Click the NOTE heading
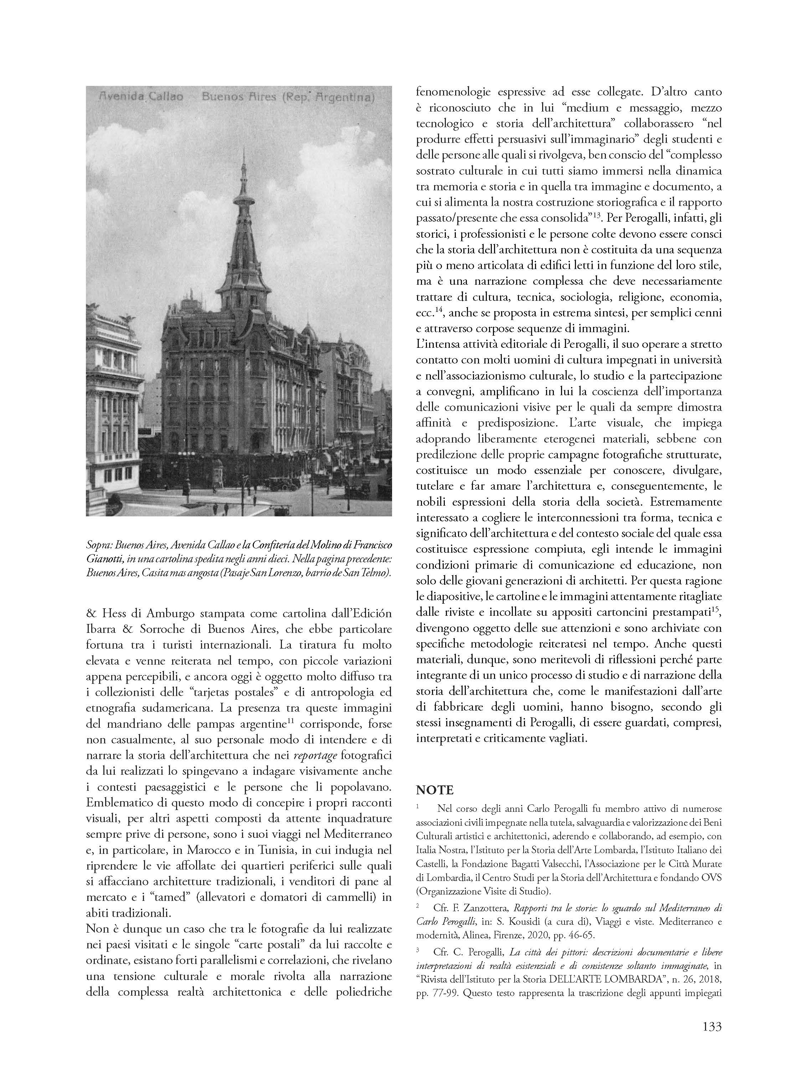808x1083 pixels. click(x=435, y=789)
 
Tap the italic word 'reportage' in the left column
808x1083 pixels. click(x=315, y=755)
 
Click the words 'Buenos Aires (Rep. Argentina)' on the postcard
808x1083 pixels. click(x=288, y=97)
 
